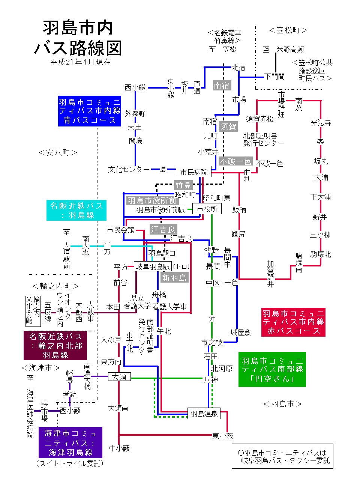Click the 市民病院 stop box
193,172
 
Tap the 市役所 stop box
207,209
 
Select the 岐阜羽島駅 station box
153,266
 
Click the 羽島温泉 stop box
204,414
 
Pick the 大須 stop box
119,376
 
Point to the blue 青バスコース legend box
90,111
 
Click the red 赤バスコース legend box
293,322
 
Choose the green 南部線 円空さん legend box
272,370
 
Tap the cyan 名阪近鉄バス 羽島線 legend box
76,210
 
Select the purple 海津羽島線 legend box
70,442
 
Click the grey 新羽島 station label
174,278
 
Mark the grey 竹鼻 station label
183,185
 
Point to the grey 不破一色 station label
235,161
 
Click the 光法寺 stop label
321,123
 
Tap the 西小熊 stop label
135,87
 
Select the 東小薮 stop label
223,436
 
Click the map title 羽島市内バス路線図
78,38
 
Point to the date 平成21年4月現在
81,62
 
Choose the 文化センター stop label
129,170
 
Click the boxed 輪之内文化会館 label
33,311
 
